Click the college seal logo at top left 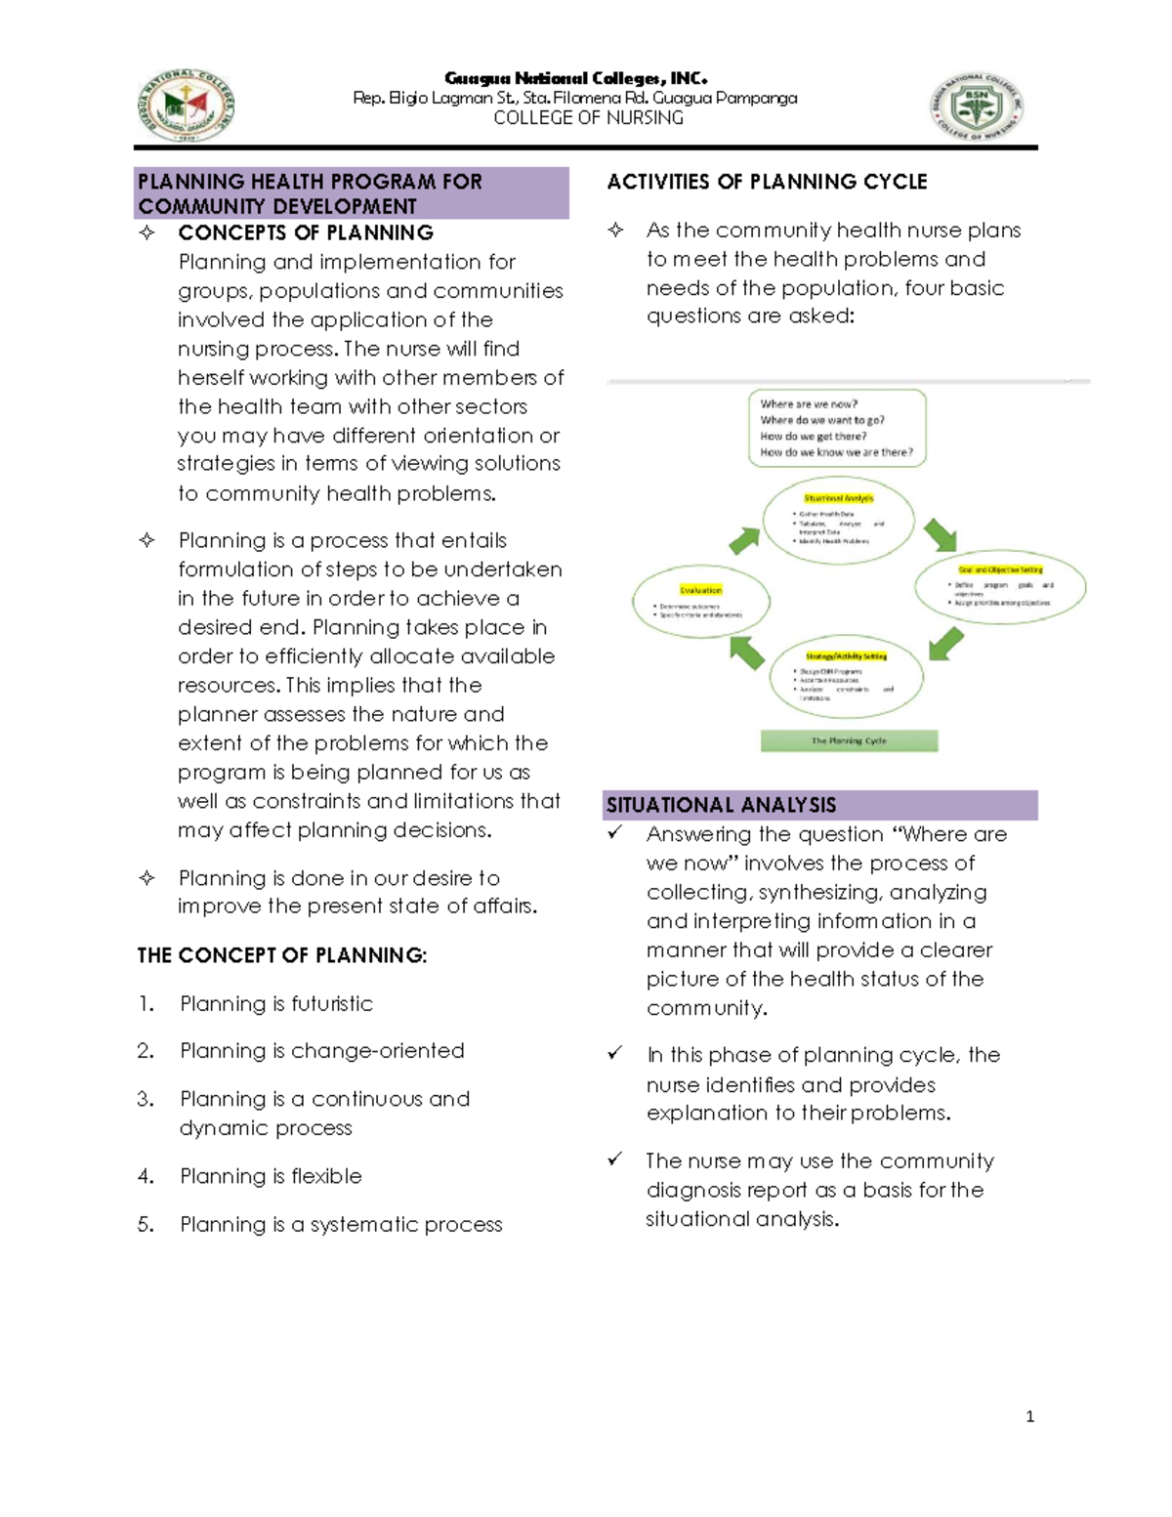tap(186, 105)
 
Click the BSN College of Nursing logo tap(977, 105)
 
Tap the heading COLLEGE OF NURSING tap(588, 118)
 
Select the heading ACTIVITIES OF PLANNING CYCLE tap(767, 182)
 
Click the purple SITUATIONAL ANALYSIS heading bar tap(819, 805)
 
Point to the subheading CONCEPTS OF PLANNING tap(306, 232)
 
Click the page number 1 tap(1029, 1416)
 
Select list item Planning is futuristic tap(276, 1003)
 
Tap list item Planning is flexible tap(271, 1176)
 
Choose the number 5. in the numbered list tap(146, 1224)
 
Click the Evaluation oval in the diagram tap(700, 601)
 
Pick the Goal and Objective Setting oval tap(1000, 586)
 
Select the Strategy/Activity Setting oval tap(846, 676)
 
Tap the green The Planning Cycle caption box tap(849, 740)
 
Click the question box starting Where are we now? tap(836, 428)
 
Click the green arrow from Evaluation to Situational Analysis tap(744, 539)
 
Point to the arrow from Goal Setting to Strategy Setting tap(945, 644)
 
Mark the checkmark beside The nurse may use tap(614, 1159)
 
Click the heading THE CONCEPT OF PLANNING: tap(281, 955)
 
